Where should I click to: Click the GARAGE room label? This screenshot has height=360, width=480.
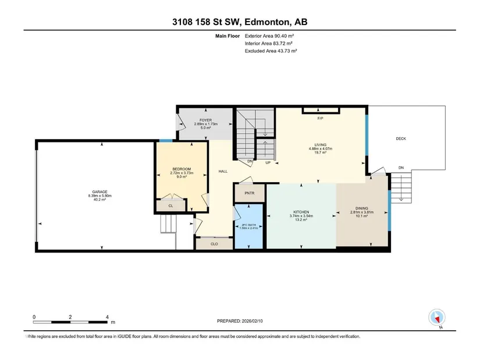click(100, 192)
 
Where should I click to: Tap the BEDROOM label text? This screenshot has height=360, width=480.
click(182, 169)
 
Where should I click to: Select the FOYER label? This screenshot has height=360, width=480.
click(206, 120)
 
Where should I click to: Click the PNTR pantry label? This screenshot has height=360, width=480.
click(250, 193)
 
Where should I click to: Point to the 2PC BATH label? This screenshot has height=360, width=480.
click(248, 224)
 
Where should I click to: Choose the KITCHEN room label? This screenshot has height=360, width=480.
click(301, 212)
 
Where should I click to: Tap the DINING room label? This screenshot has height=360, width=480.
click(362, 208)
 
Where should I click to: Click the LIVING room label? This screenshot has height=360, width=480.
click(321, 145)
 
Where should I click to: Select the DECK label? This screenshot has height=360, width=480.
click(401, 138)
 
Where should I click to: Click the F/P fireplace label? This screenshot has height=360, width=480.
click(320, 119)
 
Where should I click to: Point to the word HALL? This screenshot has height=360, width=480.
click(223, 172)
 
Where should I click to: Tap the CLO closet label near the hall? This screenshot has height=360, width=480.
click(214, 244)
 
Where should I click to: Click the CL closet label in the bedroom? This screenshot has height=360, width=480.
click(171, 206)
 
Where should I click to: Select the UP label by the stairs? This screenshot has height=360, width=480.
click(268, 162)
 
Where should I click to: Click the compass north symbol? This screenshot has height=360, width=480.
click(437, 318)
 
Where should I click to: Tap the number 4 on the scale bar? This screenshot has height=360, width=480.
click(107, 317)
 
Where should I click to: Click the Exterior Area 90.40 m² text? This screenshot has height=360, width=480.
click(269, 36)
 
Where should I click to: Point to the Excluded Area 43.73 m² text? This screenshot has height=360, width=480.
click(271, 51)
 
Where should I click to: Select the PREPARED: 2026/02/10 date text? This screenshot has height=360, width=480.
click(240, 321)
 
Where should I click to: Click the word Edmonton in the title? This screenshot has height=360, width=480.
click(267, 22)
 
